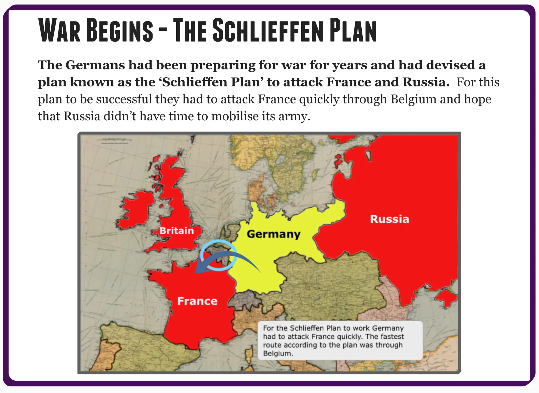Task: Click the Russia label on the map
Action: (390, 219)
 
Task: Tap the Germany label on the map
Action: (273, 234)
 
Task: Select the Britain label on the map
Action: (177, 231)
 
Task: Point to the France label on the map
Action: (197, 301)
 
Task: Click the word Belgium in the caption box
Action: (278, 353)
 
